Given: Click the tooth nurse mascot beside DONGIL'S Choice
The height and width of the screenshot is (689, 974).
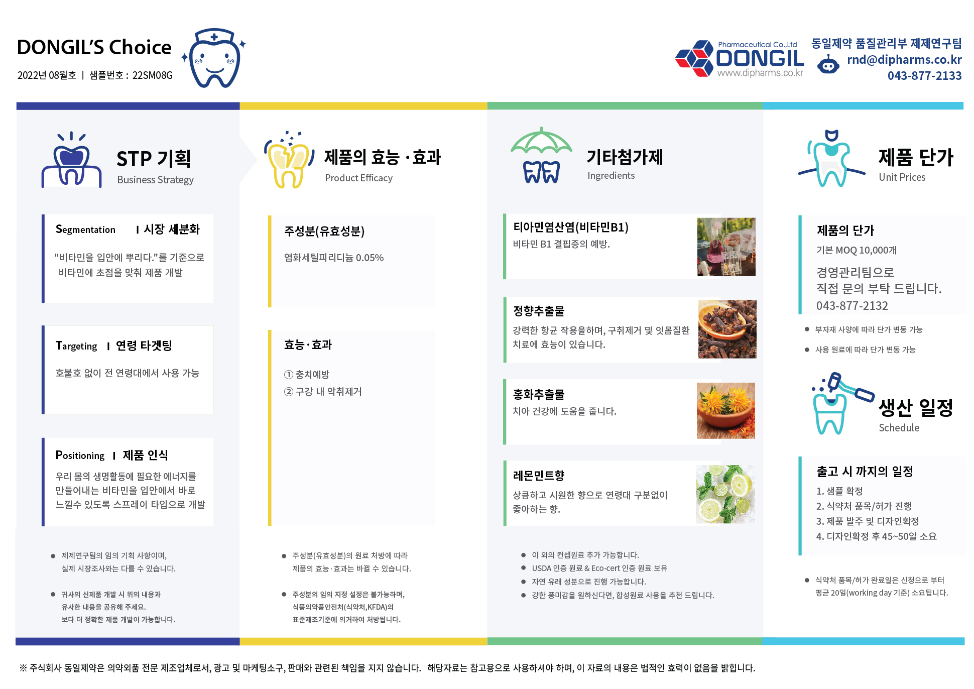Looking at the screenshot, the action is pyautogui.click(x=214, y=58).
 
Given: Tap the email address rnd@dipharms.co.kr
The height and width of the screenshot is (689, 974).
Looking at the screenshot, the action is pyautogui.click(x=904, y=60).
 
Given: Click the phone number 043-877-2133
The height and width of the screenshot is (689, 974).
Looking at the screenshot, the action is pyautogui.click(x=924, y=76).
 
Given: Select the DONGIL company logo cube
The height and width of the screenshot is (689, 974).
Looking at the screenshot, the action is pyautogui.click(x=694, y=58).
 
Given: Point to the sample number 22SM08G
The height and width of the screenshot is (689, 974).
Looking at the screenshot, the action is pyautogui.click(x=153, y=75).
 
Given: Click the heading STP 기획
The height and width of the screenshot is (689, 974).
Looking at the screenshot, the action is pyautogui.click(x=154, y=159).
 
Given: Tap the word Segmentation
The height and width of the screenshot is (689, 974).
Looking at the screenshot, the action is pyautogui.click(x=85, y=229).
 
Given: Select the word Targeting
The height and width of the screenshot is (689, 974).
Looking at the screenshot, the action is pyautogui.click(x=76, y=346).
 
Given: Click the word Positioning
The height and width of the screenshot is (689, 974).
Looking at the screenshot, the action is pyautogui.click(x=80, y=455).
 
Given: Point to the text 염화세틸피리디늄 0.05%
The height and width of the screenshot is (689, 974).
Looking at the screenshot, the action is pyautogui.click(x=334, y=258).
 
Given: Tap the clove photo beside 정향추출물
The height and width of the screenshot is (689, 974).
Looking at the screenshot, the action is pyautogui.click(x=727, y=329).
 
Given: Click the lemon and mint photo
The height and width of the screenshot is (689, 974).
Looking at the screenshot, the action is pyautogui.click(x=725, y=494).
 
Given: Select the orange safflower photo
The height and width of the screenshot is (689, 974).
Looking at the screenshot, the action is pyautogui.click(x=725, y=411).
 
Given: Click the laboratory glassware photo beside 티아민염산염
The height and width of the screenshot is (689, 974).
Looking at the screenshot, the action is pyautogui.click(x=726, y=247).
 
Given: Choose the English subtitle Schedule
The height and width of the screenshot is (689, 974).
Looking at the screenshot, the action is pyautogui.click(x=899, y=428).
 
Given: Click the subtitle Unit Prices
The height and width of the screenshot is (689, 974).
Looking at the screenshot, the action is pyautogui.click(x=902, y=177).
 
